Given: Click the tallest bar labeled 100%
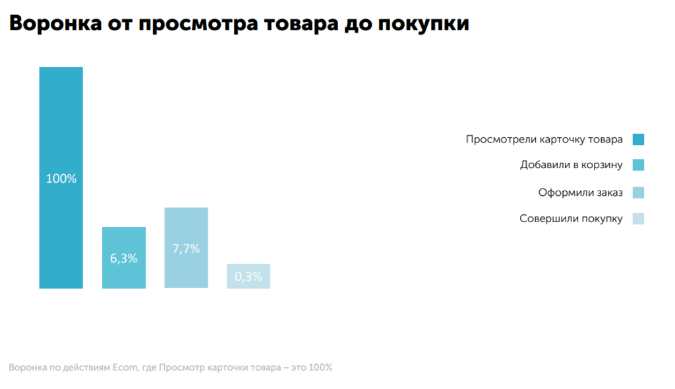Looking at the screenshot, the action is click(61, 177).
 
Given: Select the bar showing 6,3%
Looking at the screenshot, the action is click(124, 258).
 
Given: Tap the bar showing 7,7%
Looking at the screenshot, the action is click(187, 248).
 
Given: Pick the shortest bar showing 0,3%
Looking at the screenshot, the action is click(249, 276).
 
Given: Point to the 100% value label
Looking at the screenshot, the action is click(61, 179).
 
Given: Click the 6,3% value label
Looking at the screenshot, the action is click(124, 258).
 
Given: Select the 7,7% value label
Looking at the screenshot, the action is click(187, 249).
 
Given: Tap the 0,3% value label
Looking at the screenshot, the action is click(249, 276).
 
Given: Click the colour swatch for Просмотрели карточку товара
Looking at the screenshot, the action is click(638, 140).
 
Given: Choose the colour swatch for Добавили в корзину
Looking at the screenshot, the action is click(638, 165).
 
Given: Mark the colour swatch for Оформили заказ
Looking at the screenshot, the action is click(638, 193).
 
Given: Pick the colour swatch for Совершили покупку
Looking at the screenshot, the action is click(638, 219).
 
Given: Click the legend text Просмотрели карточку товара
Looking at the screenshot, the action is click(544, 140).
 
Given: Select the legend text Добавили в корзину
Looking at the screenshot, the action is click(572, 165).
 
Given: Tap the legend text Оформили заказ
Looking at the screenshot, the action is click(580, 193).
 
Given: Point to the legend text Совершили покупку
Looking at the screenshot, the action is click(571, 219).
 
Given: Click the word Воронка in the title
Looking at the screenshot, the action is click(55, 23).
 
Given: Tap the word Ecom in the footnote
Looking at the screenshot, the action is click(125, 367).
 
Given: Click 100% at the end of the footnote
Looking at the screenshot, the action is click(320, 367).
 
